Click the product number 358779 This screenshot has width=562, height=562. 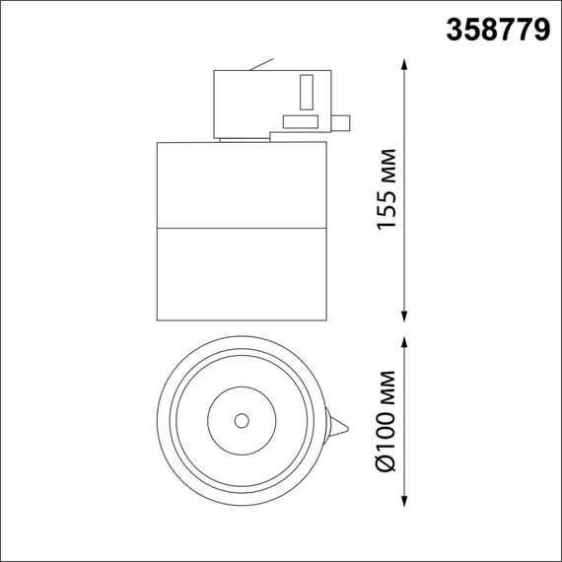[x=498, y=30]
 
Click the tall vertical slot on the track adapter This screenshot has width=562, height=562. [x=306, y=92]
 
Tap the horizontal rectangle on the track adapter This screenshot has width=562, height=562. [x=299, y=122]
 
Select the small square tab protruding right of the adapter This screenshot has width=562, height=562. [x=341, y=123]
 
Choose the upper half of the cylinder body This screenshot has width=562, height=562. [x=241, y=186]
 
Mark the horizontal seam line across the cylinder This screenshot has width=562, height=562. [x=241, y=231]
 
